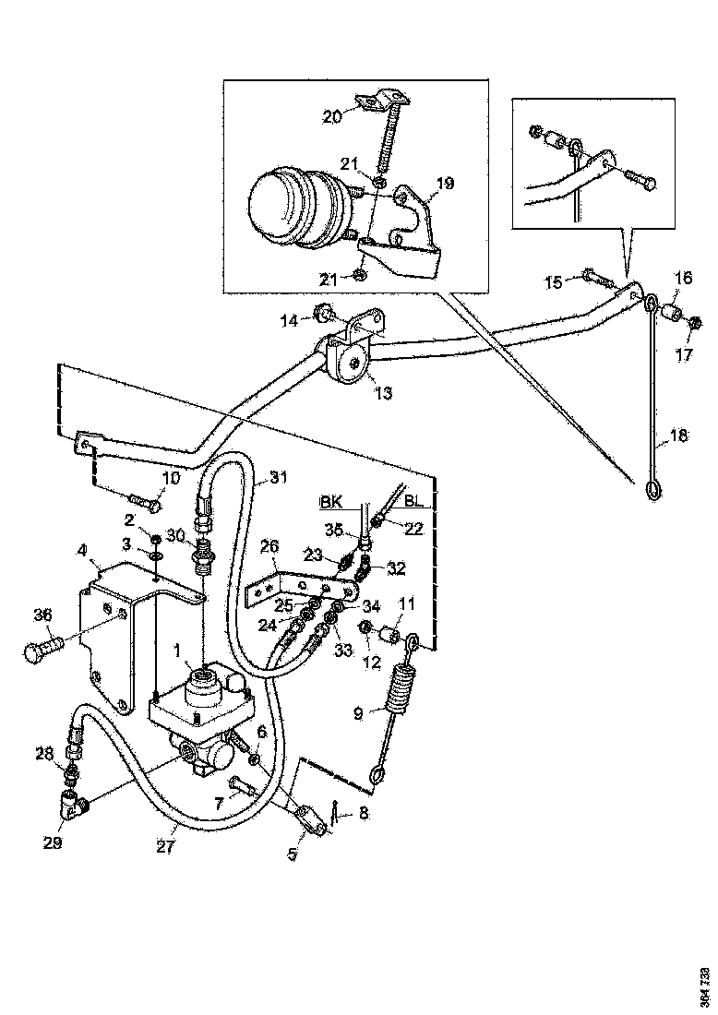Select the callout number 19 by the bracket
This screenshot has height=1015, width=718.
click(x=445, y=184)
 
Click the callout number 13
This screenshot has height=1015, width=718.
click(x=383, y=393)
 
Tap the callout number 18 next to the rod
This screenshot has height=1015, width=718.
click(x=678, y=437)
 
